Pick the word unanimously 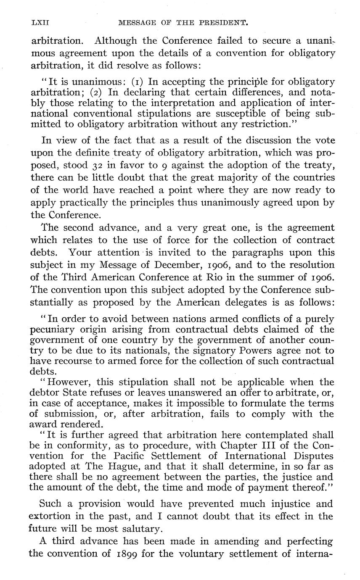click(x=235, y=202)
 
